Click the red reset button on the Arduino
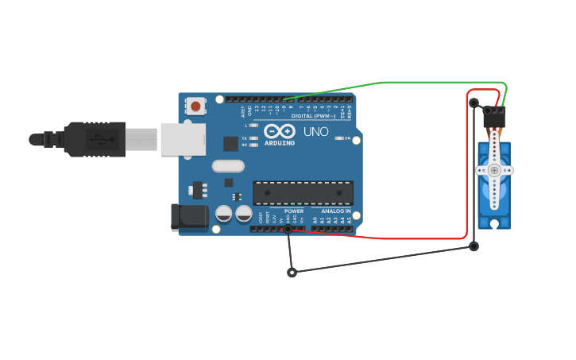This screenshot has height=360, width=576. [x=195, y=106]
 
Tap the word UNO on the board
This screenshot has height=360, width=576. [x=315, y=131]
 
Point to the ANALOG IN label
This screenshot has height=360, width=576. [x=331, y=211]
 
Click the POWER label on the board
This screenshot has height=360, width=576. [x=294, y=211]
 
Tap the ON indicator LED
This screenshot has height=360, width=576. [x=340, y=138]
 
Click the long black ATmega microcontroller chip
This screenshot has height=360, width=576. [x=303, y=192]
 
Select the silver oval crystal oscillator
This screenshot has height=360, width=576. [x=229, y=166]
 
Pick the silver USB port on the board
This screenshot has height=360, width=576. [x=183, y=139]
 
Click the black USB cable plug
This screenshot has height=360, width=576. [x=95, y=139]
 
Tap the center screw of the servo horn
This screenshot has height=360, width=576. [x=494, y=170]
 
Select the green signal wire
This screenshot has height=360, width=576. [x=385, y=82]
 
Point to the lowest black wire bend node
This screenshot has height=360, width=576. [x=292, y=273]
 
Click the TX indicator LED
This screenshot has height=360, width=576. [x=253, y=138]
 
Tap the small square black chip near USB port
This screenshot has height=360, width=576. [x=230, y=143]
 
